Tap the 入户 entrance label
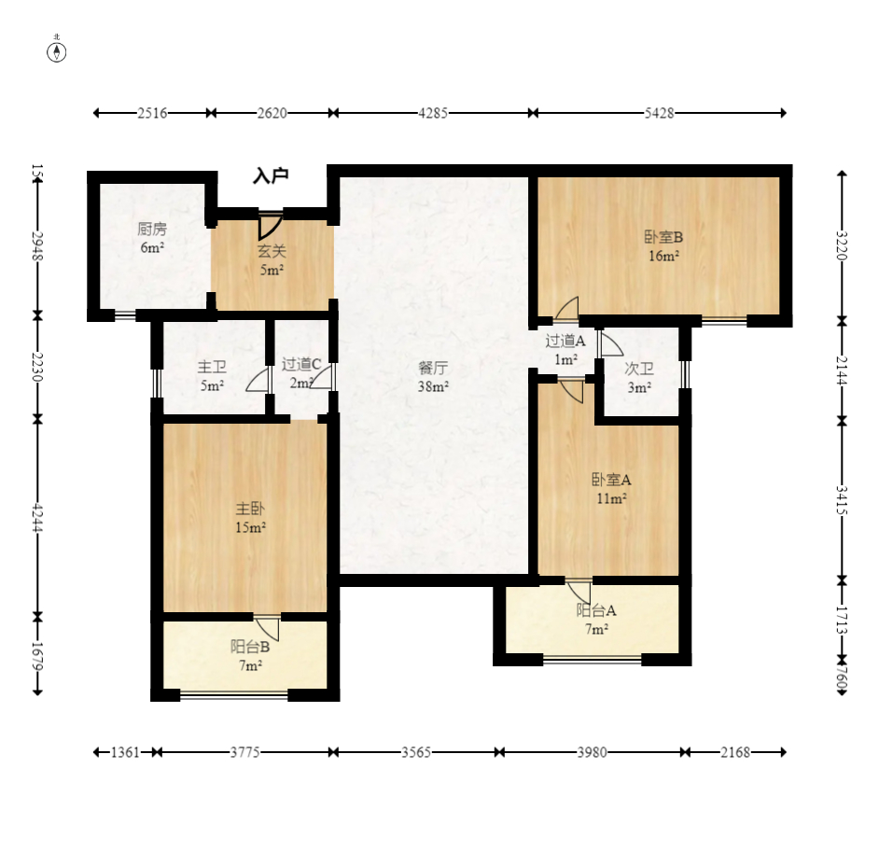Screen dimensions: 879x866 [271, 175]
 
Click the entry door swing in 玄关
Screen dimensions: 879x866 [271, 225]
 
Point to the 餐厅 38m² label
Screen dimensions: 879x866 [433, 377]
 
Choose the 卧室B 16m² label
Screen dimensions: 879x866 [663, 246]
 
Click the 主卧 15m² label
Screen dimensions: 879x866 [250, 517]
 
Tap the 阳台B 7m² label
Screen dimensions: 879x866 [250, 656]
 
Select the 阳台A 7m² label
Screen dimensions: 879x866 [596, 620]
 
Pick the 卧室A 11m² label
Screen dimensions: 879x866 [611, 488]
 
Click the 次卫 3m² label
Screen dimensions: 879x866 [639, 378]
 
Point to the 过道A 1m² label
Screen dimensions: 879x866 [565, 350]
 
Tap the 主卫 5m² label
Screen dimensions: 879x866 [212, 376]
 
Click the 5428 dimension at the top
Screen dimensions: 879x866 [659, 113]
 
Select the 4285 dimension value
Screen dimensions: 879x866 [433, 113]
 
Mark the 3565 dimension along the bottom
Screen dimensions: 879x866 [416, 752]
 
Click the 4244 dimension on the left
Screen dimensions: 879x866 [37, 518]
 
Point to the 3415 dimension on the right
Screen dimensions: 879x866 [842, 500]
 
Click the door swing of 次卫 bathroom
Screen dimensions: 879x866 [611, 343]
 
